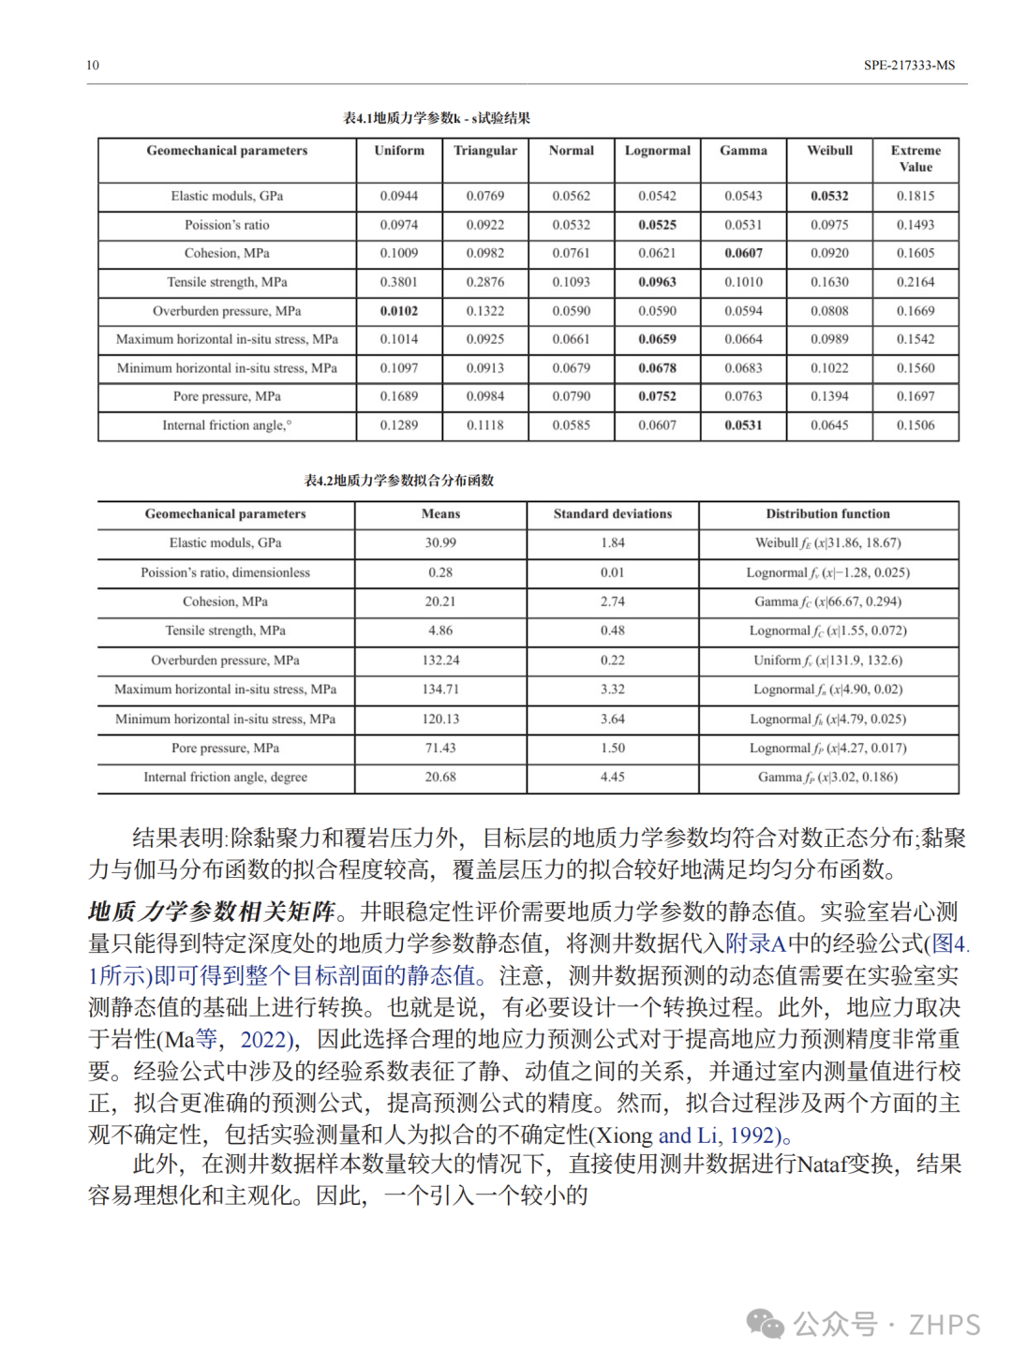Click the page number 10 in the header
click(x=93, y=65)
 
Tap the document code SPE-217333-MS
click(x=909, y=65)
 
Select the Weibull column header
click(x=829, y=150)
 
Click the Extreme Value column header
click(x=915, y=158)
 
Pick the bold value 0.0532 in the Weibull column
click(x=829, y=196)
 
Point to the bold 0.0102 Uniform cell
click(x=399, y=311)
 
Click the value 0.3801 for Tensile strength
click(x=399, y=282)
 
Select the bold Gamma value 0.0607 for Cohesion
click(x=743, y=253)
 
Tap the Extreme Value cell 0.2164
click(x=915, y=282)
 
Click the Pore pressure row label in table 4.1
click(x=227, y=396)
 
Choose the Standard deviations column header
click(x=613, y=513)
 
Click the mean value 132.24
click(x=440, y=660)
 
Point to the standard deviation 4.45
click(x=613, y=777)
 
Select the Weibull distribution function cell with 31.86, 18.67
click(x=828, y=542)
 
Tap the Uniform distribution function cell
click(x=828, y=660)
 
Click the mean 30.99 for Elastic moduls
click(x=440, y=542)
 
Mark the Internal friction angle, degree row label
click(x=226, y=777)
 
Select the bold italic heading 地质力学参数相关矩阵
click(x=211, y=912)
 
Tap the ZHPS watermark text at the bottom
click(x=944, y=1325)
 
